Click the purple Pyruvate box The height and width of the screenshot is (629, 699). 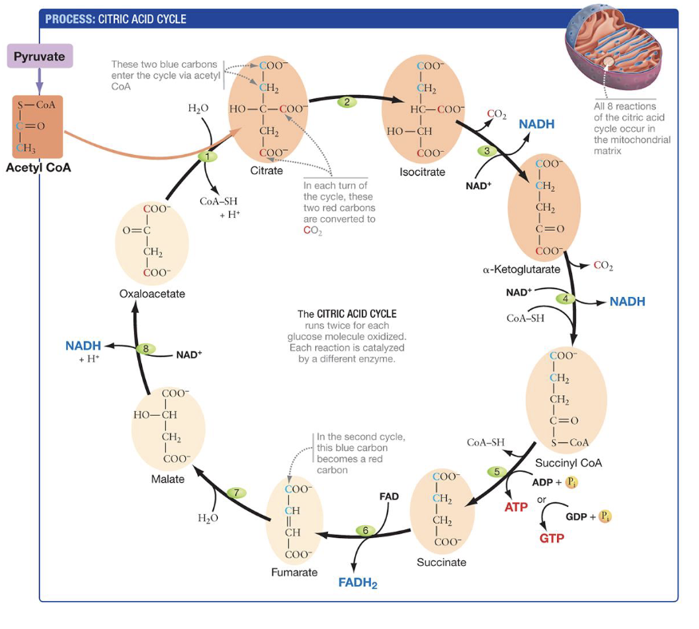click(x=39, y=56)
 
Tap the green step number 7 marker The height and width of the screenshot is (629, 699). click(x=236, y=493)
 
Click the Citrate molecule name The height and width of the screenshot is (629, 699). click(x=267, y=171)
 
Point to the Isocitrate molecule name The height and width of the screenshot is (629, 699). click(x=422, y=172)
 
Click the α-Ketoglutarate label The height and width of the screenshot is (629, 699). click(x=521, y=270)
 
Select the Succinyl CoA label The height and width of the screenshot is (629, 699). click(x=568, y=463)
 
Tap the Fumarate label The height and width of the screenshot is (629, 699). click(x=294, y=572)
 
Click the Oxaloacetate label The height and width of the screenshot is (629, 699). click(x=152, y=294)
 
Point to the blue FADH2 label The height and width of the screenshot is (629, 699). click(x=357, y=583)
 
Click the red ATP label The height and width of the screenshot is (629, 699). click(x=516, y=507)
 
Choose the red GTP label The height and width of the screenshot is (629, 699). click(x=551, y=538)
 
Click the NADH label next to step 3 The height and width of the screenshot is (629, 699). click(x=536, y=125)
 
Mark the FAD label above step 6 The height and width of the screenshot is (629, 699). click(x=389, y=496)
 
